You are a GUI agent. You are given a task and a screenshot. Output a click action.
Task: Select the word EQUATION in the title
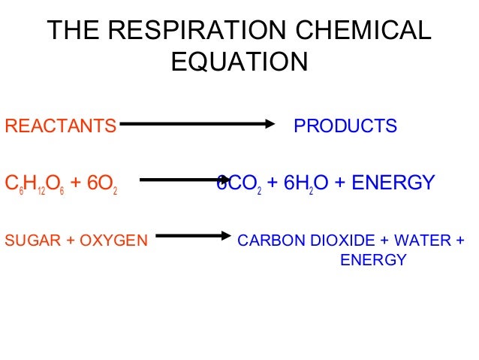239,62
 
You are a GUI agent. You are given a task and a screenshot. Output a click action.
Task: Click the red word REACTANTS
61,126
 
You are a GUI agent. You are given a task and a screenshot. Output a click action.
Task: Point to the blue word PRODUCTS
345,126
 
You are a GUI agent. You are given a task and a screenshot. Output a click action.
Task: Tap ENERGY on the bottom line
373,261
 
